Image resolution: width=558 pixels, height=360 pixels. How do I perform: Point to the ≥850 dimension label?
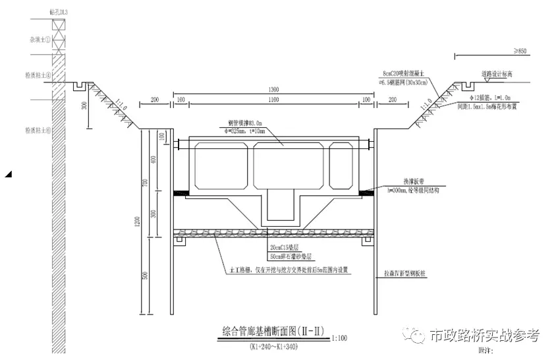click(x=520, y=51)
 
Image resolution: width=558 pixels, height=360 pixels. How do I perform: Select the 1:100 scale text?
click(x=340, y=338)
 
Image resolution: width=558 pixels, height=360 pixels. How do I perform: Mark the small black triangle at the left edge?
click(x=8, y=174)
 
